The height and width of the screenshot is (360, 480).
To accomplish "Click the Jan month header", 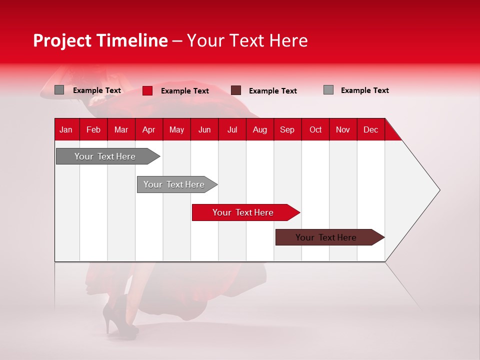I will coord(66,129).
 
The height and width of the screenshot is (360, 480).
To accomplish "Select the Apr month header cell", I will coord(148,129).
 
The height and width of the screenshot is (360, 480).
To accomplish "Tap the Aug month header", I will coord(259,129).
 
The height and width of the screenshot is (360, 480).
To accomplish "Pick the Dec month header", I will coord(370,129).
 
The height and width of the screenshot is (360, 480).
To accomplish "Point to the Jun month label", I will coord(204,129).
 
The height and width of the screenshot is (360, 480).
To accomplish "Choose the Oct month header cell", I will coord(315,129).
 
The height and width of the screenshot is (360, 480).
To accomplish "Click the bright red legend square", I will coord(147,90).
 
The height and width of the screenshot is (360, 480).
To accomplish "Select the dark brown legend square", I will coord(236,90).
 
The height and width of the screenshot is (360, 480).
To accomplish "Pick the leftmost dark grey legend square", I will coord(59,90).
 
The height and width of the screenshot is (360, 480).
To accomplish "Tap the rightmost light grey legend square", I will coord(328,90).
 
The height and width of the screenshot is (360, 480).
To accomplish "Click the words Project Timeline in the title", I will coord(100,40).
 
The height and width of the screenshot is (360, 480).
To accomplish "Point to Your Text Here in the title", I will coord(247,40).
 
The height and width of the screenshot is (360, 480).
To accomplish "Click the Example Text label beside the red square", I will coord(185,91).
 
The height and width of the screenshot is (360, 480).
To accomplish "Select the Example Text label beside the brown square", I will coord(273,91).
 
